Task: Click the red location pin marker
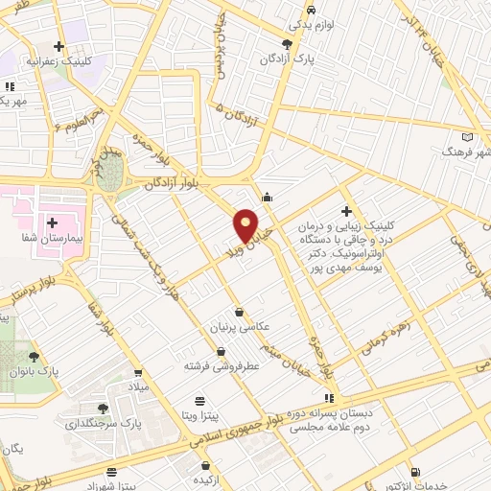pyautogui.click(x=246, y=224)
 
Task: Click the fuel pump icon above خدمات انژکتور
pyautogui.click(x=415, y=471)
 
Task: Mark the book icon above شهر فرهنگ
pyautogui.click(x=467, y=136)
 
